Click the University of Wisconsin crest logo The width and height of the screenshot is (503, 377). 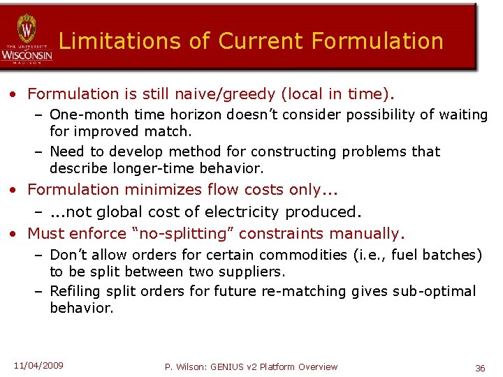coord(27,31)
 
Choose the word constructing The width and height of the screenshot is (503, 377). coord(296,151)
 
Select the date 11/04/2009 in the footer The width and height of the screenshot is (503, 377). coord(38,365)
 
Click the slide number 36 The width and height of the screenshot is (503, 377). coord(480,367)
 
